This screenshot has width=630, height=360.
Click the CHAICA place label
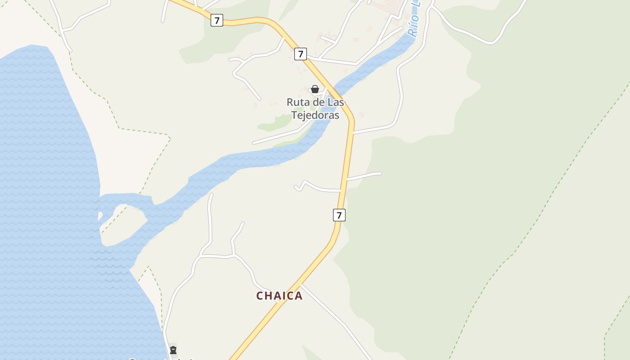279,296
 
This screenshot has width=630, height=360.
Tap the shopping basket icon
315,89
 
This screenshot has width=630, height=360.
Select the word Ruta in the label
298,102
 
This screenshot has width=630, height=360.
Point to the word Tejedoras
315,115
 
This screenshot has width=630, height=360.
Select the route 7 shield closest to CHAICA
339,215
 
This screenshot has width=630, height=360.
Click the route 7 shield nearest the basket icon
301,54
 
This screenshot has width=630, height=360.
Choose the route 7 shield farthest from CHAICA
217,20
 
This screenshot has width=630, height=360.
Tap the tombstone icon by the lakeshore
173,350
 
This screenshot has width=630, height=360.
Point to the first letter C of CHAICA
260,296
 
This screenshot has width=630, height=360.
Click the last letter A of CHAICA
298,296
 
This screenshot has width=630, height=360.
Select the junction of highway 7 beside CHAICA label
301,284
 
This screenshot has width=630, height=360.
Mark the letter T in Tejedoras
295,115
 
